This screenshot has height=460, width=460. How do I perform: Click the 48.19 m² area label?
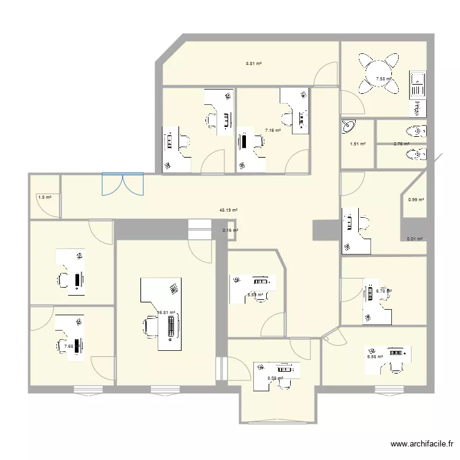click(x=229, y=210)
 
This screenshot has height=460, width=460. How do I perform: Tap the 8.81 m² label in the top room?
click(x=254, y=63)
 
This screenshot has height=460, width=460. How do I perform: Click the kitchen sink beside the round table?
click(x=417, y=83)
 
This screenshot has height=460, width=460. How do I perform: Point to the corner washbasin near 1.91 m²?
click(x=348, y=126)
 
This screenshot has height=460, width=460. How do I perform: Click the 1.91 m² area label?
click(x=358, y=144)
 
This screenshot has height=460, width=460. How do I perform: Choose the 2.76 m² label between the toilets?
click(x=401, y=144)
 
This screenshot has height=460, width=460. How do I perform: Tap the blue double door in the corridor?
click(x=123, y=184)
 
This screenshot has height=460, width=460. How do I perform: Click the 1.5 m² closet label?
click(x=44, y=197)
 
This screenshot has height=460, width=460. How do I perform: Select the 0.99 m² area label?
click(x=416, y=199)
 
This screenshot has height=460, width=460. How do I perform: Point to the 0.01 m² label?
click(x=415, y=240)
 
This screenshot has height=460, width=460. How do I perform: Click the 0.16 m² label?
click(x=230, y=231)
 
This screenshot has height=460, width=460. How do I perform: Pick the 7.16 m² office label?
click(x=273, y=130)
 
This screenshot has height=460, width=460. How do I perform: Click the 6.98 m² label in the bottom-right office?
click(x=375, y=356)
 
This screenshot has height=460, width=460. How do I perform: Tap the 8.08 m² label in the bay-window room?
click(x=275, y=378)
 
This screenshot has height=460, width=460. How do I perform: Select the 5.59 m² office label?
click(x=256, y=295)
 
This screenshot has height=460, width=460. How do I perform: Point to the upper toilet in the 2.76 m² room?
click(x=419, y=131)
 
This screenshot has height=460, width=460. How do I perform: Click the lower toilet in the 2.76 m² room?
click(x=419, y=155)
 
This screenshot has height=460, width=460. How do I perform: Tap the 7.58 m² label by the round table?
click(x=384, y=79)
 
